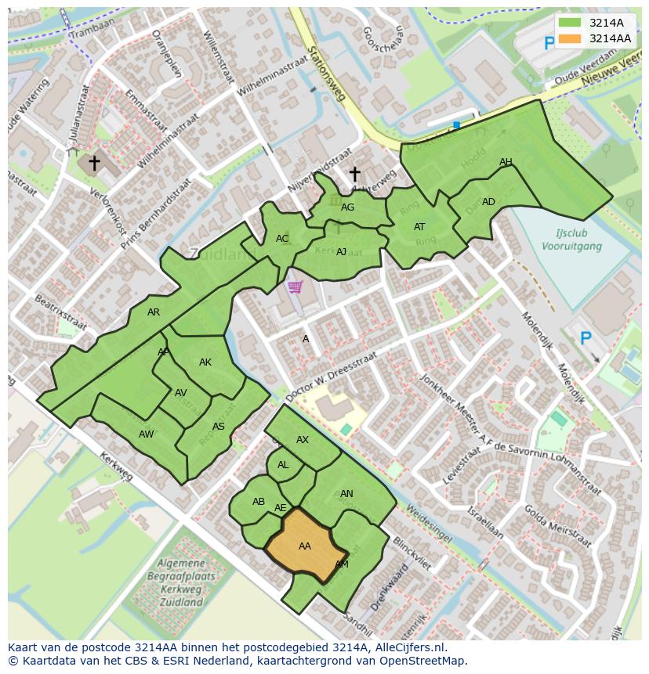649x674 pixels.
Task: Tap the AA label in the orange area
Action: [305, 546]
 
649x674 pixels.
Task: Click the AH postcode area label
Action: [506, 163]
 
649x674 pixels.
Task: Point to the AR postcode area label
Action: [154, 312]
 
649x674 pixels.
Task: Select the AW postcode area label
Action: [146, 434]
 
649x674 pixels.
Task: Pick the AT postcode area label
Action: [419, 227]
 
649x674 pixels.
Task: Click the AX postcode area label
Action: [303, 440]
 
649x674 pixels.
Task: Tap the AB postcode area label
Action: [259, 502]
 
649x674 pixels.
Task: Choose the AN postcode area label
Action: [346, 494]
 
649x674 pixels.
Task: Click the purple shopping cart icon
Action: [295, 287]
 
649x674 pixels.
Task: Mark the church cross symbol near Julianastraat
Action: [94, 163]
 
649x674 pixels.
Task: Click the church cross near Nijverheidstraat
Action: [354, 174]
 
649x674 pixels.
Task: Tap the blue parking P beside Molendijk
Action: [585, 338]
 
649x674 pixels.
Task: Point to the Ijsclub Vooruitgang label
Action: [571, 240]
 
